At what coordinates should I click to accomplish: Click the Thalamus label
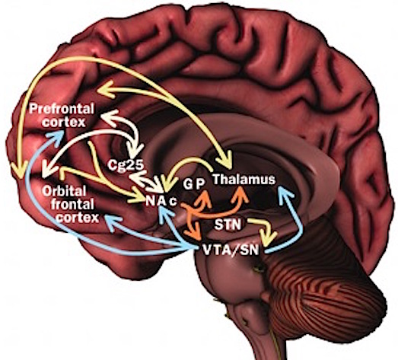pyautogui.click(x=244, y=179)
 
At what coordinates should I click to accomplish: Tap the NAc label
pyautogui.click(x=161, y=202)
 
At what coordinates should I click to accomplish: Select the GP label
pyautogui.click(x=194, y=184)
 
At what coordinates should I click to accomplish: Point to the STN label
pyautogui.click(x=228, y=225)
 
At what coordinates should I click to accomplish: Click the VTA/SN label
pyautogui.click(x=231, y=250)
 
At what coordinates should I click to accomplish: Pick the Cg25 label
pyautogui.click(x=126, y=165)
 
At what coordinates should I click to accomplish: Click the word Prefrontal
pyautogui.click(x=62, y=109)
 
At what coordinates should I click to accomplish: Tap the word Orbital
pyautogui.click(x=64, y=191)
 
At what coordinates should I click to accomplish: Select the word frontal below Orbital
pyautogui.click(x=72, y=204)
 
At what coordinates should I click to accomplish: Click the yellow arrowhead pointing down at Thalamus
pyautogui.click(x=224, y=160)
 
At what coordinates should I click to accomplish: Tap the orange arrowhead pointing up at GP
pyautogui.click(x=205, y=198)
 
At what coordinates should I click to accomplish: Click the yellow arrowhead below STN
pyautogui.click(x=269, y=237)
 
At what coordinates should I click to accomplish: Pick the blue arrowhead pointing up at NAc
pyautogui.click(x=165, y=215)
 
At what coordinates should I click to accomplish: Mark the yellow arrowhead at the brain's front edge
pyautogui.click(x=20, y=170)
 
